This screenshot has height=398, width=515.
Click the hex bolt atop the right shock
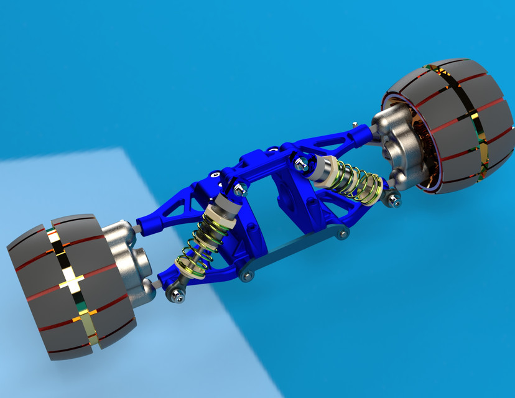(x=301, y=164)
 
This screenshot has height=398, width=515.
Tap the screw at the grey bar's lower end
(x=247, y=274)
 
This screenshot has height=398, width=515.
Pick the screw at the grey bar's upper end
(x=341, y=234)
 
